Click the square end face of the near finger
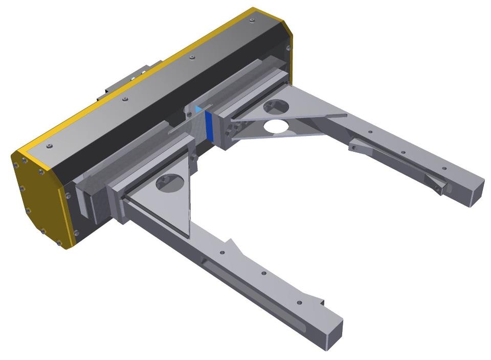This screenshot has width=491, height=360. point(332,334)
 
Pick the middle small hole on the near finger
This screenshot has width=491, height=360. point(263,274)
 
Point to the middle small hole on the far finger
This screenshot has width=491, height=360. point(403,152)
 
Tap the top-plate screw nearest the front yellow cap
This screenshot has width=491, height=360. point(49,146)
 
